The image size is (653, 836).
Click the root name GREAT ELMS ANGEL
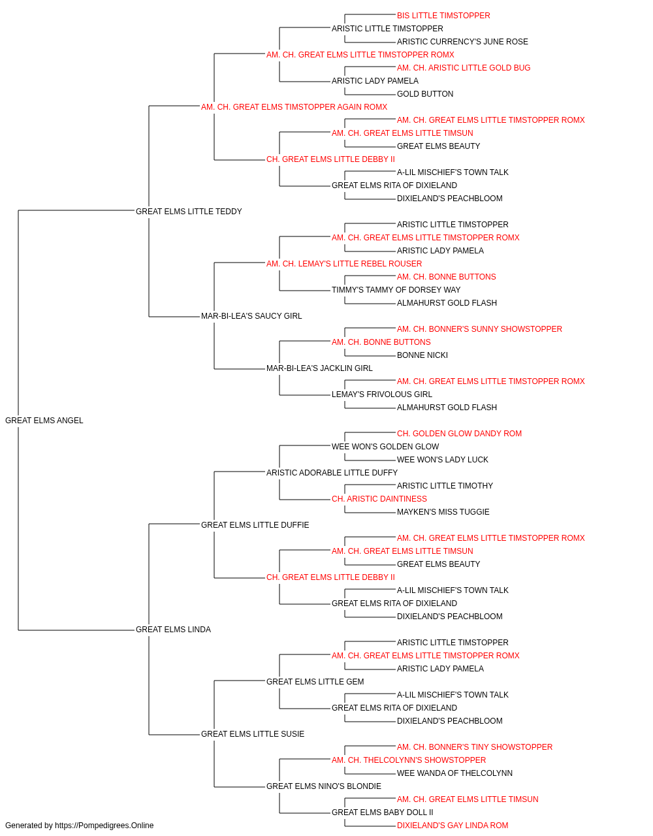point(44,421)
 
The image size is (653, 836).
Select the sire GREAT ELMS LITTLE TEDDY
point(189,212)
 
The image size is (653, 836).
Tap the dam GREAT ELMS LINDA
point(174,630)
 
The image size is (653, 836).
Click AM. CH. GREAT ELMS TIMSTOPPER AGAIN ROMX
point(295,107)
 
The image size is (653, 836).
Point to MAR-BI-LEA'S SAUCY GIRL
point(251,316)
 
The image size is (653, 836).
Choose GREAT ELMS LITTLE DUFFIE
point(255,525)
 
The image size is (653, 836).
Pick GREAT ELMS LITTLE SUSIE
point(253,734)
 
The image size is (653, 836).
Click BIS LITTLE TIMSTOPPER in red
point(443,16)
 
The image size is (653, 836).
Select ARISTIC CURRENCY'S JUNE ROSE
point(462,42)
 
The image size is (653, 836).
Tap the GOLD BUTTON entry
point(425,94)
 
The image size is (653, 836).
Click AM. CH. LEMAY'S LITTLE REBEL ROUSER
point(344,263)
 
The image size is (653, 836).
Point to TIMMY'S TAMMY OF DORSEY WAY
point(396,290)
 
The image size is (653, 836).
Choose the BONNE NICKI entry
point(422,355)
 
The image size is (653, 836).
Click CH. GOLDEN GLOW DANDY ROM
point(459,434)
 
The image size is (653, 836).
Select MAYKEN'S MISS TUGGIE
point(443,512)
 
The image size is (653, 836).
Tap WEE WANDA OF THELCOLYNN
point(454,773)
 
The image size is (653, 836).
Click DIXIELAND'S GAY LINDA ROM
point(453,826)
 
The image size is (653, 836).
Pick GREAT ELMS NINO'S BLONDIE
point(324,786)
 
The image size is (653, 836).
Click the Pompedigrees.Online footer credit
point(79,826)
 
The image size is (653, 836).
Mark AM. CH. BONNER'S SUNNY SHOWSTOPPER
point(479,329)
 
